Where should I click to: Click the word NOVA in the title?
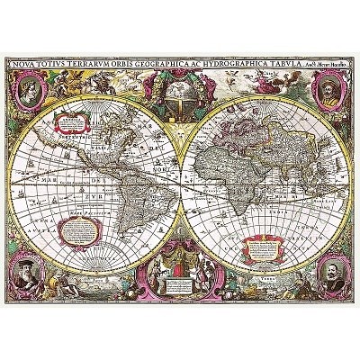(24, 64)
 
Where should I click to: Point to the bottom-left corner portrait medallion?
(31, 272)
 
